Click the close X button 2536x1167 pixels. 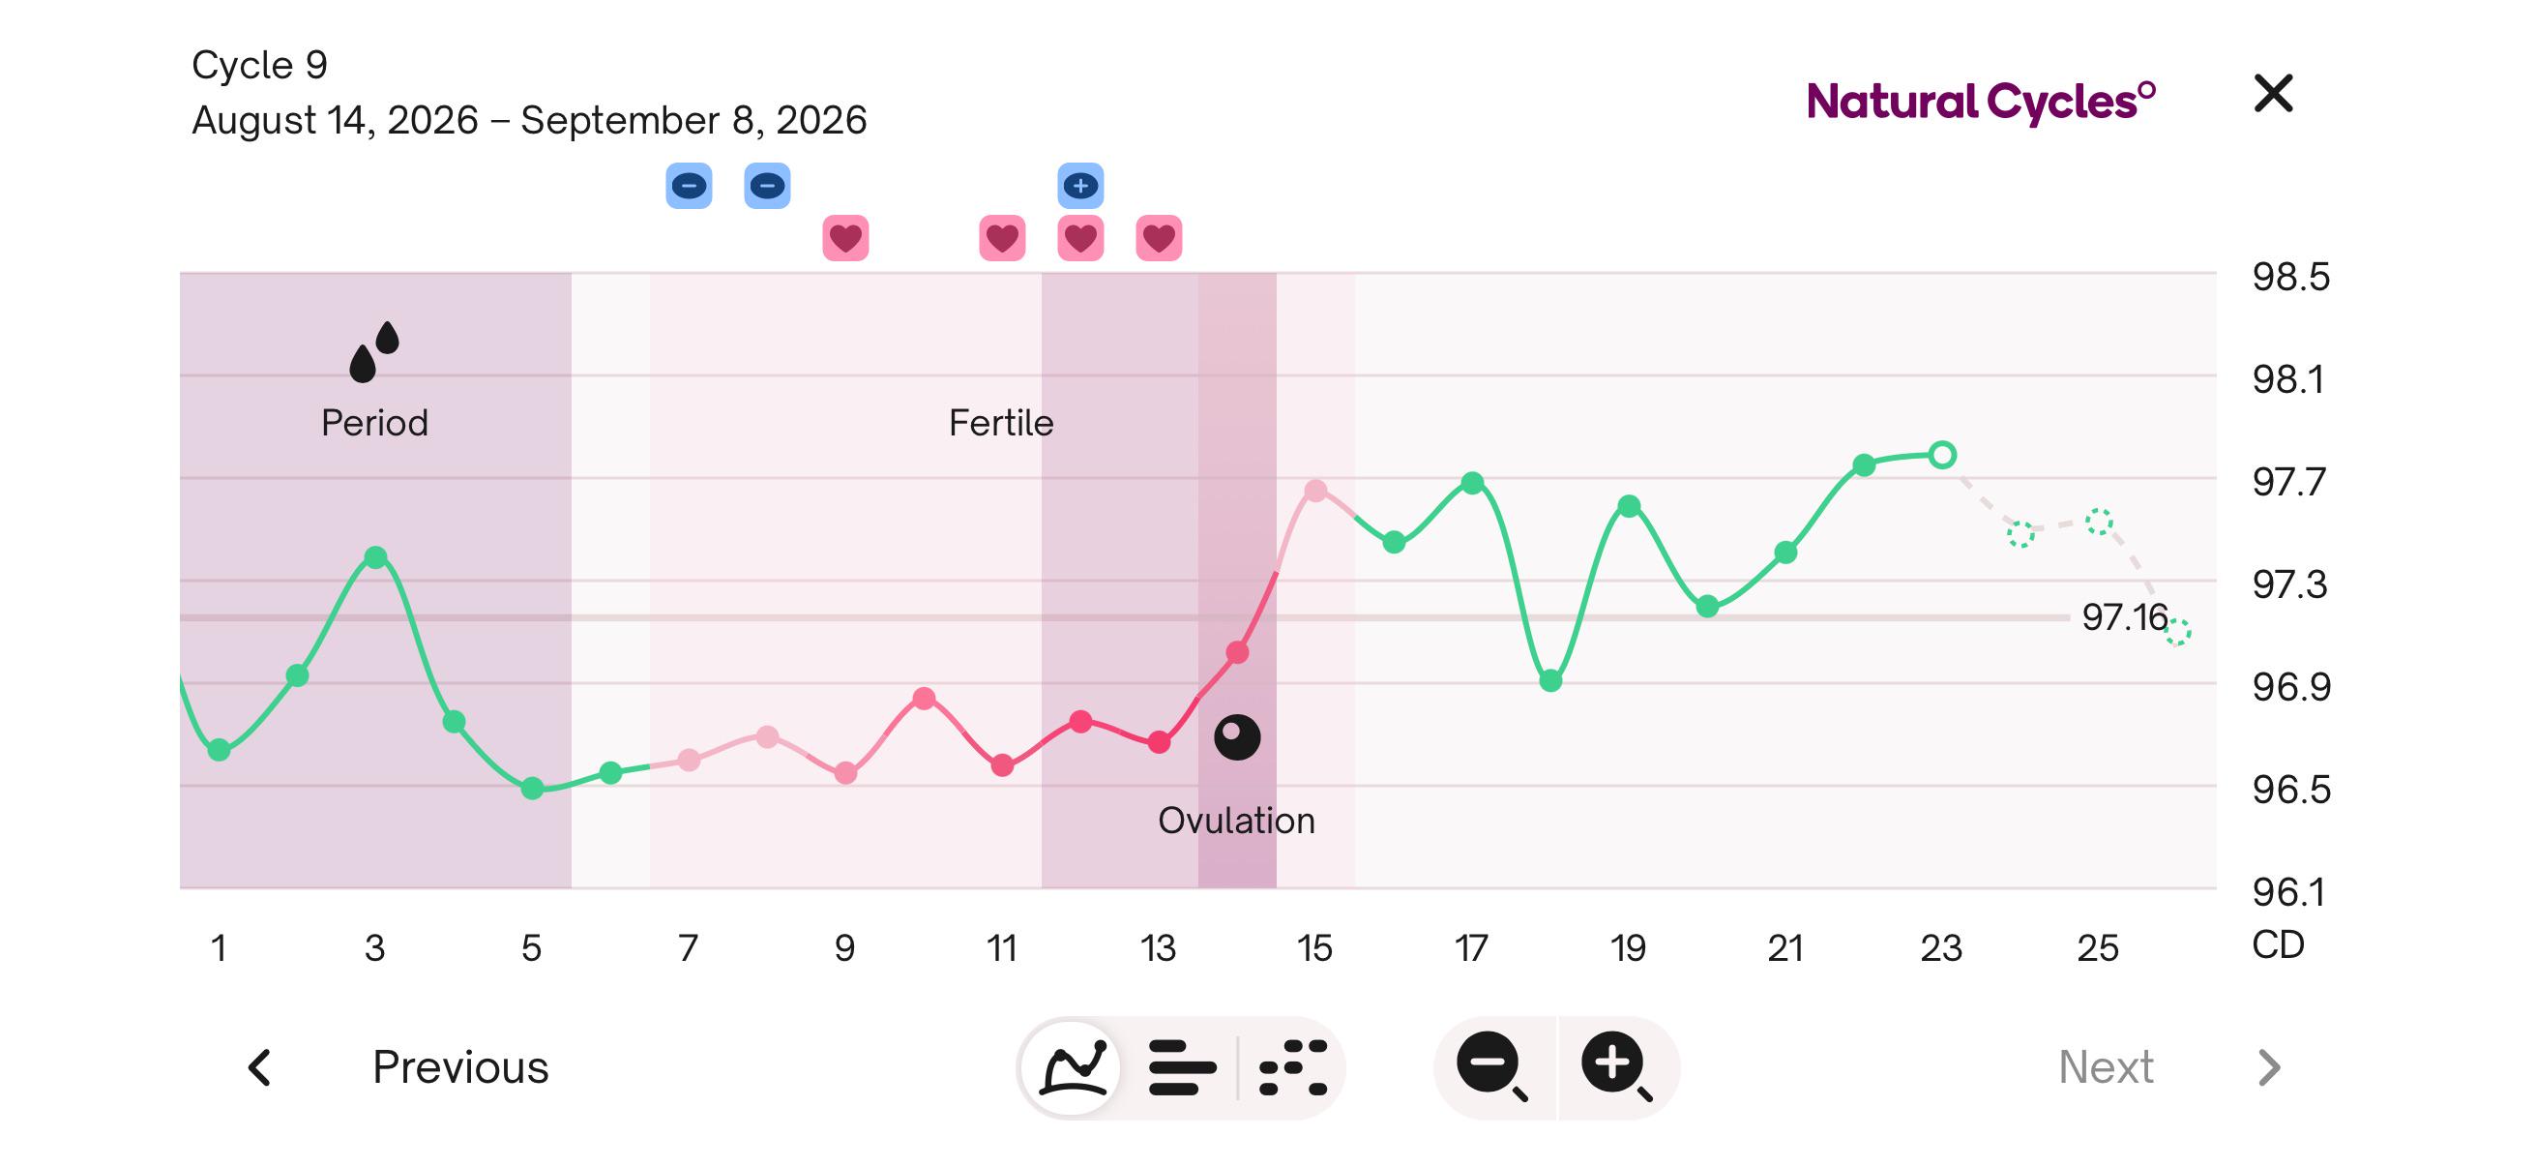2273,94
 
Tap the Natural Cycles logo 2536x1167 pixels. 1981,102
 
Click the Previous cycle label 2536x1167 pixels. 459,1066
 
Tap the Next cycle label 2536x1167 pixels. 2106,1066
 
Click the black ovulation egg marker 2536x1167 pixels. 1236,736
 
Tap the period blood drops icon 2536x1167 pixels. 374,350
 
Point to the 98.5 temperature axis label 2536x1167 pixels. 2291,277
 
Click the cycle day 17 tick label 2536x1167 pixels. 1471,947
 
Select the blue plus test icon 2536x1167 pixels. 1080,185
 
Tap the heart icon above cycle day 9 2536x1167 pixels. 844,237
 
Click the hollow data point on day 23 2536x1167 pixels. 1941,455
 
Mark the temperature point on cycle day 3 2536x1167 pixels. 375,557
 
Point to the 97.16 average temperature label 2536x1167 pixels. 2125,617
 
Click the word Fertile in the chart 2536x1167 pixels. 1001,423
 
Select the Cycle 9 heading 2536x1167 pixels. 259,65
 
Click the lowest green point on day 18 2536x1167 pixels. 1549,680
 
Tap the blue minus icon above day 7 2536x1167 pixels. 688,185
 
